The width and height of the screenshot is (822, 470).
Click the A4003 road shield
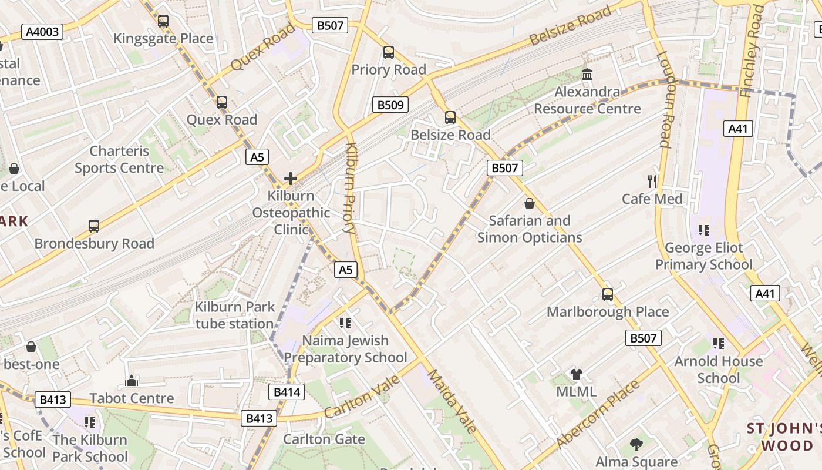point(42,31)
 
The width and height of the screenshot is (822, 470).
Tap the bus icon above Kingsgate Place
point(163,21)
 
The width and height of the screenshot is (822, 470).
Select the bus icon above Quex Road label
point(221,102)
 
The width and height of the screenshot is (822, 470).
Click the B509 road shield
point(390,105)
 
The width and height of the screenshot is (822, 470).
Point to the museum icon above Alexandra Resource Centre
point(587,75)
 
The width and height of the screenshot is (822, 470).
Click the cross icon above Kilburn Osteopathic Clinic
point(291,179)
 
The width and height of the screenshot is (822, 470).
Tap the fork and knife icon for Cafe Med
point(652,181)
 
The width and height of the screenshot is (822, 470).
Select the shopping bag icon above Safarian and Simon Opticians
point(530,203)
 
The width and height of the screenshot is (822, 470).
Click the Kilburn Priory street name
point(350,188)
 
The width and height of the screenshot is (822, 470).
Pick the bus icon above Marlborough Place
point(608,294)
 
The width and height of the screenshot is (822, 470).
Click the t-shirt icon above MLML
point(576,374)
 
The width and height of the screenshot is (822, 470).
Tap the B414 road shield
point(287,392)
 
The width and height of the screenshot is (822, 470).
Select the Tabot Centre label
point(132,398)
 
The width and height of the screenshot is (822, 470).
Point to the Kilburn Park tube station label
point(235,315)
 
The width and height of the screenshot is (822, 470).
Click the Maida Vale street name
point(452,401)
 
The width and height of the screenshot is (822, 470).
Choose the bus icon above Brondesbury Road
point(94,226)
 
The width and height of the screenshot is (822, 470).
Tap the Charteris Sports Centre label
point(119,159)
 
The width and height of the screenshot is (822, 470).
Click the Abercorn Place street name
point(598,414)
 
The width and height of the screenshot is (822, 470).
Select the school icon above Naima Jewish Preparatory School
point(345,323)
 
